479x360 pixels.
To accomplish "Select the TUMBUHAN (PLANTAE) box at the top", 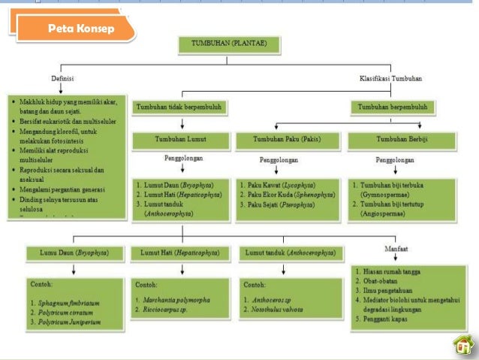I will (232, 44).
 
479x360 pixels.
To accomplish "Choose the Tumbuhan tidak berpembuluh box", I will (179, 107).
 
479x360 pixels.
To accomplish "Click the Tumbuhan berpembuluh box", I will (393, 107).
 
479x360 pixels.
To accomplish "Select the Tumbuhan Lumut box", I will (180, 140).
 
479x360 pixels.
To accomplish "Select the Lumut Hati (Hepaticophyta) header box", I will (180, 254).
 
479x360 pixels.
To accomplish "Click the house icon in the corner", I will (463, 345).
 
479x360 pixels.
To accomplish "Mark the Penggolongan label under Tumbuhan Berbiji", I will (395, 160).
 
